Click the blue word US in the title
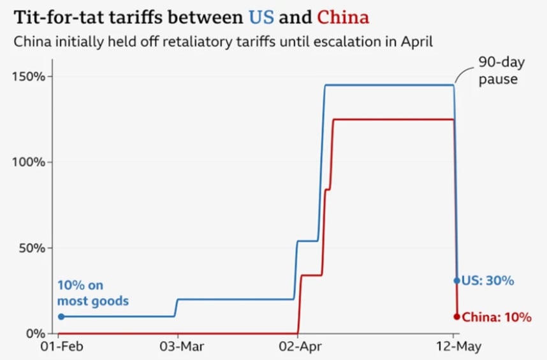pos(261,17)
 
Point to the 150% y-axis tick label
pos(28,76)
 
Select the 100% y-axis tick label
pos(28,162)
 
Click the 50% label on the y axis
pos(31,247)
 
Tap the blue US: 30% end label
pos(488,280)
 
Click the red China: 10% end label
pos(496,317)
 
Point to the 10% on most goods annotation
pos(93,293)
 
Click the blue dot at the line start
pos(61,316)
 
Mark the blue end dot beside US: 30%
pos(456,280)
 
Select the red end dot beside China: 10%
pos(456,317)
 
